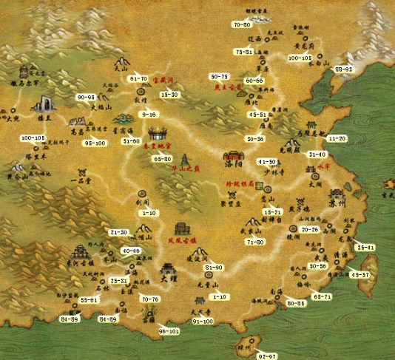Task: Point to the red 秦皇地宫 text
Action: [x=157, y=148]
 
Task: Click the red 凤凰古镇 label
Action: [x=181, y=240]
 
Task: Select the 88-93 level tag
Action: [x=345, y=69]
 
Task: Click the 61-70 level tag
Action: [x=138, y=78]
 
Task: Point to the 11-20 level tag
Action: [x=337, y=138]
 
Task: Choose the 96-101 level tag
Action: [x=169, y=331]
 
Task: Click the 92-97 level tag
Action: [x=268, y=356]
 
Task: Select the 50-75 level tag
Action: [x=219, y=76]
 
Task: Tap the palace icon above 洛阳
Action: [x=234, y=157]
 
